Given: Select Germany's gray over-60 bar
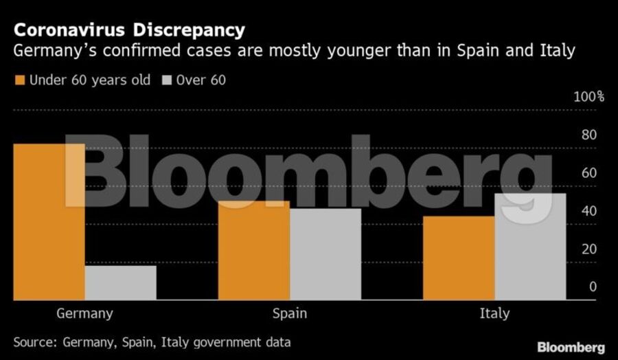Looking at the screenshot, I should tap(121, 283).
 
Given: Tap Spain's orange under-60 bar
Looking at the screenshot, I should tap(254, 251).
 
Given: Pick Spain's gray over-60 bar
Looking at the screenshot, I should tap(325, 254).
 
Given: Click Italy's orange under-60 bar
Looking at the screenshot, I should tap(459, 258).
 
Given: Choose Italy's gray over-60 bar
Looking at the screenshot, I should tap(530, 247).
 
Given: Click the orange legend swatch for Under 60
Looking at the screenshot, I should tap(19, 80).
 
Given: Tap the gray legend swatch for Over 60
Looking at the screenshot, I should tap(166, 80).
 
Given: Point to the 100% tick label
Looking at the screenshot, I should tap(588, 96).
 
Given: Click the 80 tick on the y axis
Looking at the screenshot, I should tap(589, 135).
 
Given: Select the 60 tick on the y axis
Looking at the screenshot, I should tap(589, 173).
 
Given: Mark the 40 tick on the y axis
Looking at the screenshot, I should tap(589, 211).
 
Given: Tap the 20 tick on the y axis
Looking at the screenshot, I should tap(589, 249).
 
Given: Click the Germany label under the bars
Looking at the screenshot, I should tap(84, 314).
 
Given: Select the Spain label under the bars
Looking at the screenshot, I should tap(290, 314).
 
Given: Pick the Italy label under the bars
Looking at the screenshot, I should tap(494, 313).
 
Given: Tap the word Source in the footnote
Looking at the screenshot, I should tap(34, 341).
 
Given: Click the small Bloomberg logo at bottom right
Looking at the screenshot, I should tap(571, 347).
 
